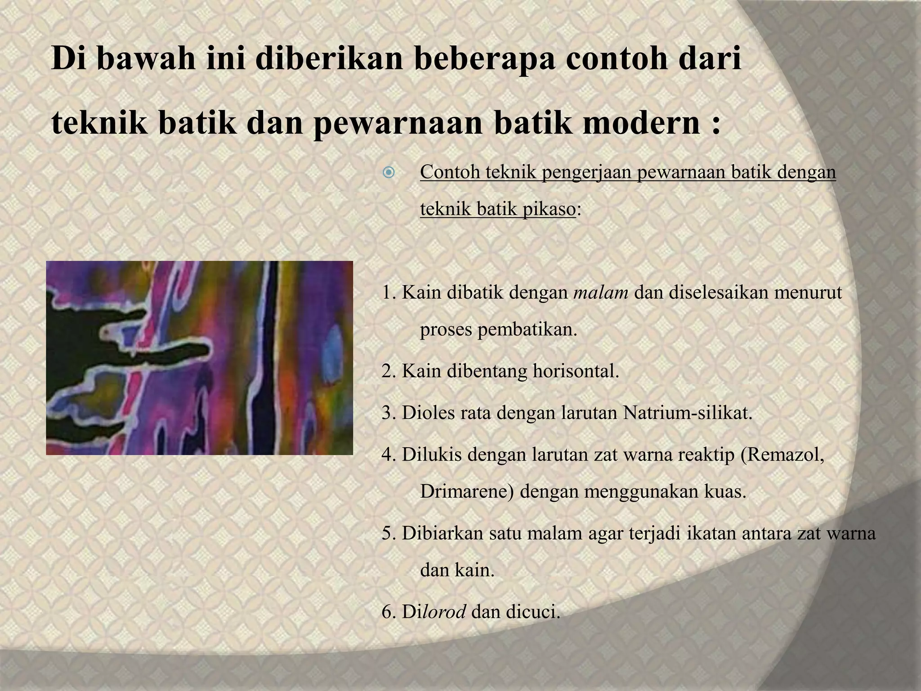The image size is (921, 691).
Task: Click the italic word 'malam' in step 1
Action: coord(601,293)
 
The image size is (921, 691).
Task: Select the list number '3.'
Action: coord(389,413)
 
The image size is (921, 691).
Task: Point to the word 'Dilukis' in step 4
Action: coord(432,454)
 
